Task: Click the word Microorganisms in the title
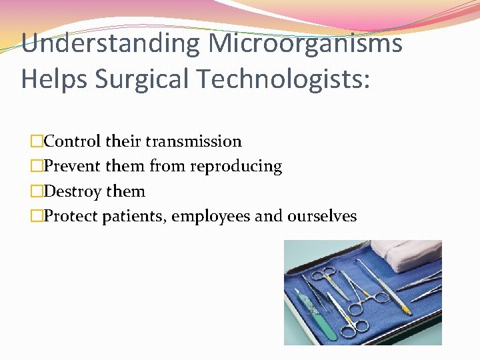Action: coord(305,45)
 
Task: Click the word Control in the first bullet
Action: coord(71,141)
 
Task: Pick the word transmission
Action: coord(193,141)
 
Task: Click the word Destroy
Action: coord(73,191)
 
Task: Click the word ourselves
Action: coord(322,216)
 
